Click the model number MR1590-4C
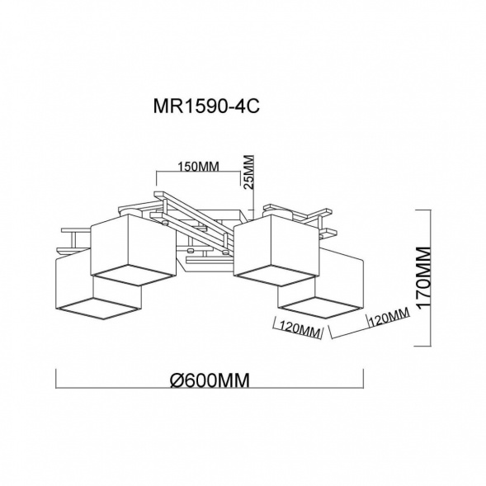(206, 106)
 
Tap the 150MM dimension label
(198, 167)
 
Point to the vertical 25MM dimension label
(249, 172)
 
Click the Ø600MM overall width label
(210, 380)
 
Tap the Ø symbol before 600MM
(177, 380)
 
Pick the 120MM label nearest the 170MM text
(389, 318)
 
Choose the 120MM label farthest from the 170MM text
(300, 329)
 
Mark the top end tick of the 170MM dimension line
(423, 210)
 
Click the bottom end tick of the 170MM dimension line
(423, 346)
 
